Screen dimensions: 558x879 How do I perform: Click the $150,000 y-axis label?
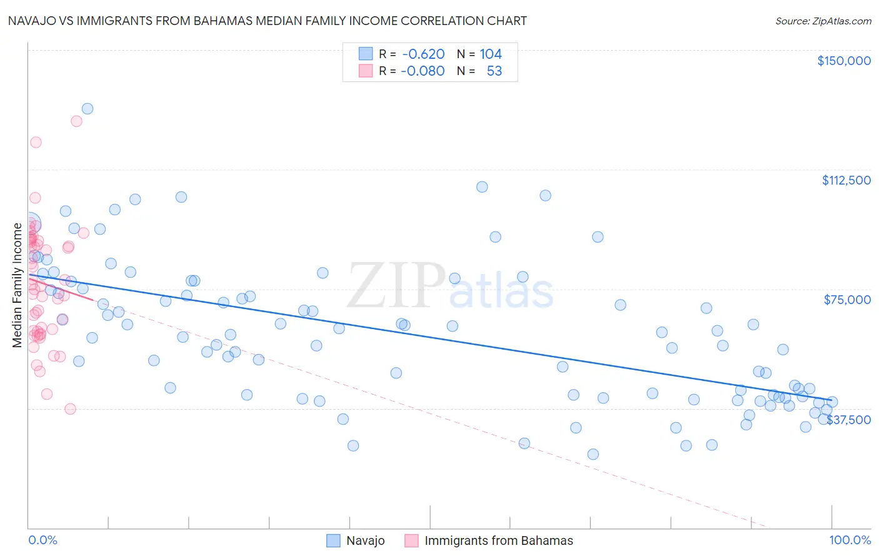click(843, 61)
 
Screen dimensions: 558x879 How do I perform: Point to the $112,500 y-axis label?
click(846, 180)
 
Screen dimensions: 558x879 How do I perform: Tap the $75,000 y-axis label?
click(847, 300)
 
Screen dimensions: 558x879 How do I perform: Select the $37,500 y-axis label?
click(848, 420)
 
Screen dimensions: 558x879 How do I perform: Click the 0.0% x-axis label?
click(43, 540)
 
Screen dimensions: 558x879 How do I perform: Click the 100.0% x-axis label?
click(850, 540)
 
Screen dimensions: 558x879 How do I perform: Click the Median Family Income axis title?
click(17, 285)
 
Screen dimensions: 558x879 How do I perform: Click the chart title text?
click(267, 21)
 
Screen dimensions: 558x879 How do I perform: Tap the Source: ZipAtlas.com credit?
click(823, 21)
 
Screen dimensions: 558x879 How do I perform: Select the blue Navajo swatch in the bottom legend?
click(333, 540)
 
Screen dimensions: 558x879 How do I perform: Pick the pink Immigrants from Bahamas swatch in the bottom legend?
click(411, 540)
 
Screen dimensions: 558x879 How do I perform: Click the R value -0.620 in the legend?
click(423, 54)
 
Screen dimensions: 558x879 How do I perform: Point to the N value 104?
click(491, 54)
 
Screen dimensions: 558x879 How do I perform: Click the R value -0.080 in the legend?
click(423, 71)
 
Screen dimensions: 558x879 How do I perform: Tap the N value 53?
click(494, 71)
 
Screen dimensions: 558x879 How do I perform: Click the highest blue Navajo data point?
click(88, 109)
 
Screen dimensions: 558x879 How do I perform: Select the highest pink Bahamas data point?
click(76, 121)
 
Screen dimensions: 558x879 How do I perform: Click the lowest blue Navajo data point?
click(593, 454)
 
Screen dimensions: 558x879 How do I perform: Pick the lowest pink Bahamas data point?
click(70, 409)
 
